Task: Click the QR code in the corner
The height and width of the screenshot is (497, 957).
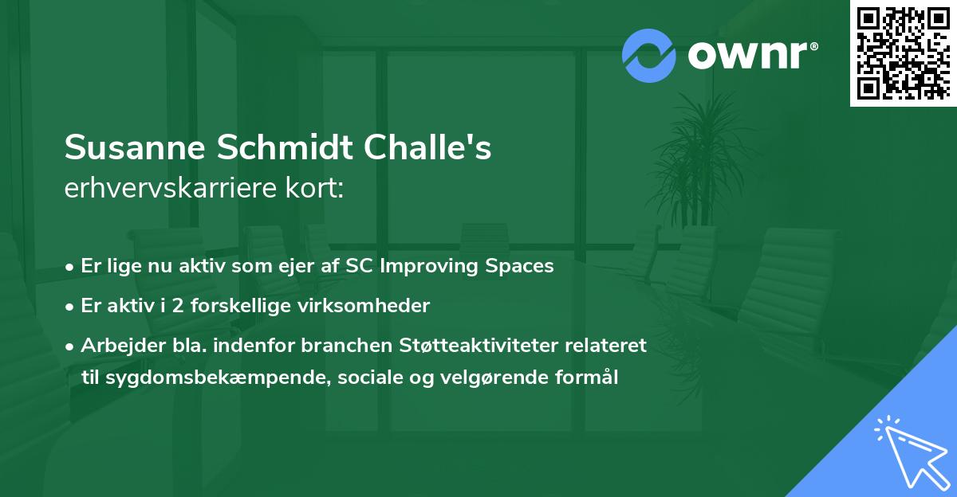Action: pos(903,53)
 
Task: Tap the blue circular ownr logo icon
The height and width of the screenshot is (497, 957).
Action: pos(649,55)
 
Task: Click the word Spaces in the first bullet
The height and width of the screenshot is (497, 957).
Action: pos(519,266)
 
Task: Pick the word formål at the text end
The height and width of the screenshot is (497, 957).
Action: pos(589,377)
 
